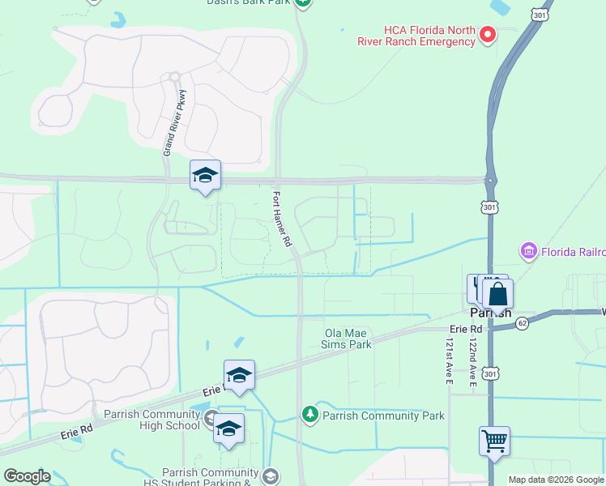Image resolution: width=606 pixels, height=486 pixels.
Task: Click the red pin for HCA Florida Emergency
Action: pos(488,34)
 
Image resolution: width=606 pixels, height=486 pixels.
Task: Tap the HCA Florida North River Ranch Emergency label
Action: pos(416,35)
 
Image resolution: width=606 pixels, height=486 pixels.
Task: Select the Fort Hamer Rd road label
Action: pos(281,219)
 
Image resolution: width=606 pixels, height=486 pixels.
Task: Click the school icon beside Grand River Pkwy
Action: pos(205,175)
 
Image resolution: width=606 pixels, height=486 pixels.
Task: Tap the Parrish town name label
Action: pos(491,312)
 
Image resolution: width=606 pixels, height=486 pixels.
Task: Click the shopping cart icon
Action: pos(494,441)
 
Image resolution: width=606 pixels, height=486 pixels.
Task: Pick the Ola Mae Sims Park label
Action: pos(348,339)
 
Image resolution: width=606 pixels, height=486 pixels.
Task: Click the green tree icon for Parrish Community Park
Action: pos(309,416)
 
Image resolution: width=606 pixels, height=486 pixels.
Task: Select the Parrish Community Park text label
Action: pos(383,416)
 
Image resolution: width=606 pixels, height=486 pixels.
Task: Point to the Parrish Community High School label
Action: pos(158,420)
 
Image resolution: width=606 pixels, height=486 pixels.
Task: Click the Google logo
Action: pos(26,476)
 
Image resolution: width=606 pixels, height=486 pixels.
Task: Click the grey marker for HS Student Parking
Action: pos(270,475)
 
